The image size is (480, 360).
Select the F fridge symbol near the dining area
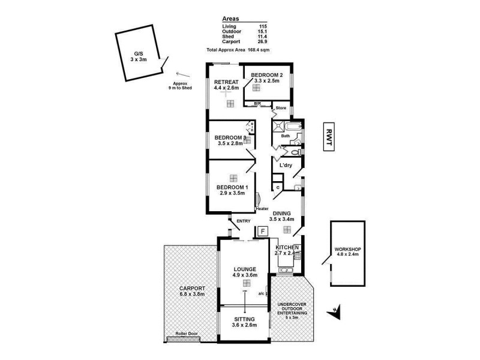coord(262,232)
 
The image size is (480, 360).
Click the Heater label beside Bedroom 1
coord(261,208)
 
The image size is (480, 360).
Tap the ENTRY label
coord(243,221)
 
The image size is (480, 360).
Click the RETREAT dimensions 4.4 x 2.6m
coord(227,88)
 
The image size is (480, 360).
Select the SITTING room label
coord(244,319)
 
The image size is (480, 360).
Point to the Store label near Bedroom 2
coord(281,108)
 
